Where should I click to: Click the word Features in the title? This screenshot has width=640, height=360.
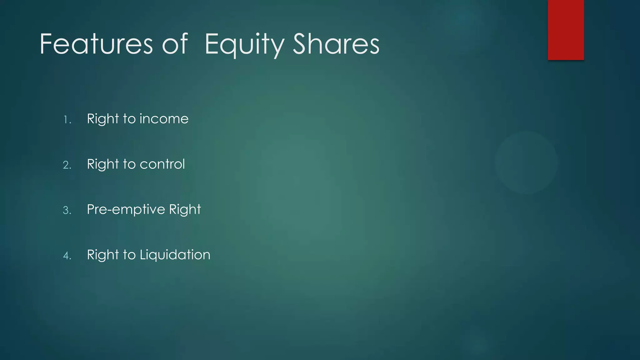tap(96, 44)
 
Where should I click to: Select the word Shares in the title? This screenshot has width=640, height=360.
tap(336, 44)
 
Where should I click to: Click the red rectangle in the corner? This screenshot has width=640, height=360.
tap(566, 30)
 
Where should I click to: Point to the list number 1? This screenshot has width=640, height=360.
tap(67, 120)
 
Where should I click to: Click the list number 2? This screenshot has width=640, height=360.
tap(67, 165)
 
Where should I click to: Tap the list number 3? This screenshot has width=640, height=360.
tap(67, 210)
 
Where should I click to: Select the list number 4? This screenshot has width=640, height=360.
tap(67, 256)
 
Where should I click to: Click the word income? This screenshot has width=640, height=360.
tap(164, 119)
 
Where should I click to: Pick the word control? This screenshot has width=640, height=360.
tap(162, 164)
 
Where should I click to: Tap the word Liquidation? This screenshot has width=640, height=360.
tap(175, 255)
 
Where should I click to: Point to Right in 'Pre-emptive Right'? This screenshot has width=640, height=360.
tap(185, 210)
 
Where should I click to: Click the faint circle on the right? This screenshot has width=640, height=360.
tap(526, 162)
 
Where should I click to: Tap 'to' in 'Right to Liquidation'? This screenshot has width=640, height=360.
tap(129, 255)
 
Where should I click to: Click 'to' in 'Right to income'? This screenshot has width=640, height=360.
tap(129, 119)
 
